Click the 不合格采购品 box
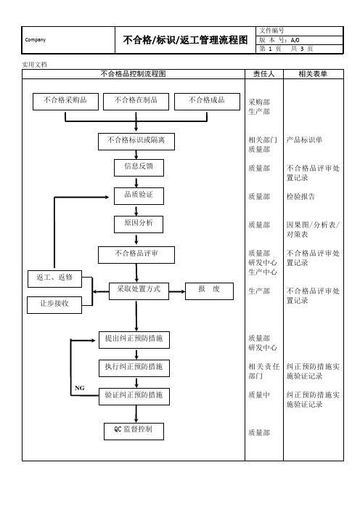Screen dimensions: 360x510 tap(65, 102)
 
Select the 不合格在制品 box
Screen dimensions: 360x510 tap(136, 102)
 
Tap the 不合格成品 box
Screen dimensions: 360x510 tap(208, 102)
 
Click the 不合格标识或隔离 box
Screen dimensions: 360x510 tap(136, 142)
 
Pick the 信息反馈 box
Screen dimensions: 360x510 tap(139, 168)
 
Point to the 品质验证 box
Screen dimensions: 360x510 tap(139, 196)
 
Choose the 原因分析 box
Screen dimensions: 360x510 tap(139, 224)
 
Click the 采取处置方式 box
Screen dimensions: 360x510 tap(139, 291)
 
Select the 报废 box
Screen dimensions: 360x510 tap(209, 291)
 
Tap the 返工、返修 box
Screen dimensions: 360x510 tap(54, 279)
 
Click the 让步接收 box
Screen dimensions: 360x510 tap(54, 304)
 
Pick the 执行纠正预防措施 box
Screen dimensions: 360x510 tap(134, 368)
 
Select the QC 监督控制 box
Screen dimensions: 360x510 tap(134, 432)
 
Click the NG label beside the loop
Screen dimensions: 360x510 tap(80, 388)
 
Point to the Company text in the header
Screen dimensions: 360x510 tap(36, 40)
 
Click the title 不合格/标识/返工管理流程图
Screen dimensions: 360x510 tap(186, 40)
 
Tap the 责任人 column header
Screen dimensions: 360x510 tap(263, 74)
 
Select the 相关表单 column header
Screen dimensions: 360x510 tap(313, 74)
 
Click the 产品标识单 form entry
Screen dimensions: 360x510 tap(304, 140)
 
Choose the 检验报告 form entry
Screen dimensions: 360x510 tap(300, 196)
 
